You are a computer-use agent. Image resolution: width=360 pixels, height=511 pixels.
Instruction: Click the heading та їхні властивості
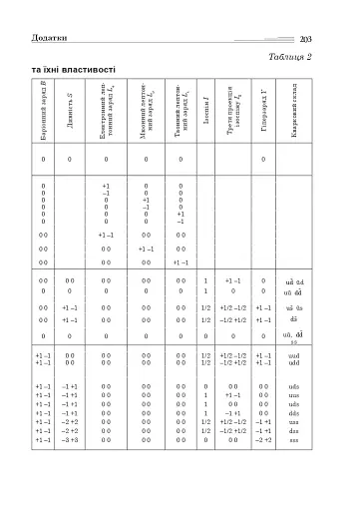[x=74, y=70]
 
